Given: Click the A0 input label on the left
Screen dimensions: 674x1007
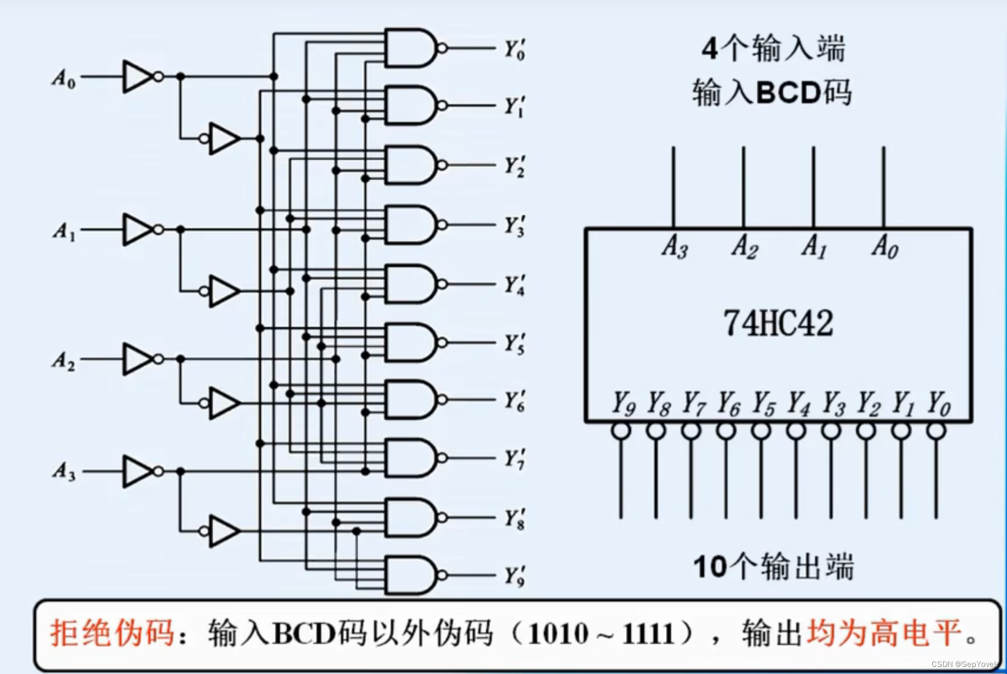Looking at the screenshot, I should (x=64, y=78).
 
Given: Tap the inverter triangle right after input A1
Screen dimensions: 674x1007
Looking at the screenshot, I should (x=138, y=230).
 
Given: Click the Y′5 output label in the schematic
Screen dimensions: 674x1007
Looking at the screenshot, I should (x=514, y=343).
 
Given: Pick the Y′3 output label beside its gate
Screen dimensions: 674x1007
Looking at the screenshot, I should (x=514, y=225).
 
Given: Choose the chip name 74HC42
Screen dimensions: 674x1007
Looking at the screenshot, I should (x=778, y=323).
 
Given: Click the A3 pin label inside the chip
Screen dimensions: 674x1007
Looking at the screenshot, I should (x=674, y=246).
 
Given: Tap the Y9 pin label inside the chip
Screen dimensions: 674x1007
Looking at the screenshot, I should (x=623, y=404).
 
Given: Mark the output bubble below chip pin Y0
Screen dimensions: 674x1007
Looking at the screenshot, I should (x=936, y=431).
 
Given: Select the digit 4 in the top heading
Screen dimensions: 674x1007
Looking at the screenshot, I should (x=710, y=48).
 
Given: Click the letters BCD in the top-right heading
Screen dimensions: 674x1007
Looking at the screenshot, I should (x=789, y=92).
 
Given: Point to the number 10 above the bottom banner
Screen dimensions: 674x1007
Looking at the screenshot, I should (x=710, y=567).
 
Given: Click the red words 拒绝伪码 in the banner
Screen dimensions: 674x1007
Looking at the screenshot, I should (x=112, y=634).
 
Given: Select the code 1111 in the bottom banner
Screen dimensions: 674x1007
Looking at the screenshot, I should (x=650, y=634).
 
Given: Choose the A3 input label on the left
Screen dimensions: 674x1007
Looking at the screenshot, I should (x=64, y=472).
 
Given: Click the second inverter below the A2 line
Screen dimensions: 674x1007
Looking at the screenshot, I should (x=224, y=403).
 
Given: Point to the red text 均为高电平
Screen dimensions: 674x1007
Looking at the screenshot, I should (x=883, y=634).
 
